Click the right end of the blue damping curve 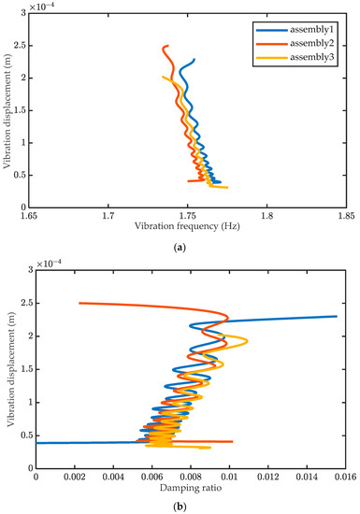[x=336, y=316]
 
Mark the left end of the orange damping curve [x=79, y=303]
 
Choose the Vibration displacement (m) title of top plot [x=8, y=111]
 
